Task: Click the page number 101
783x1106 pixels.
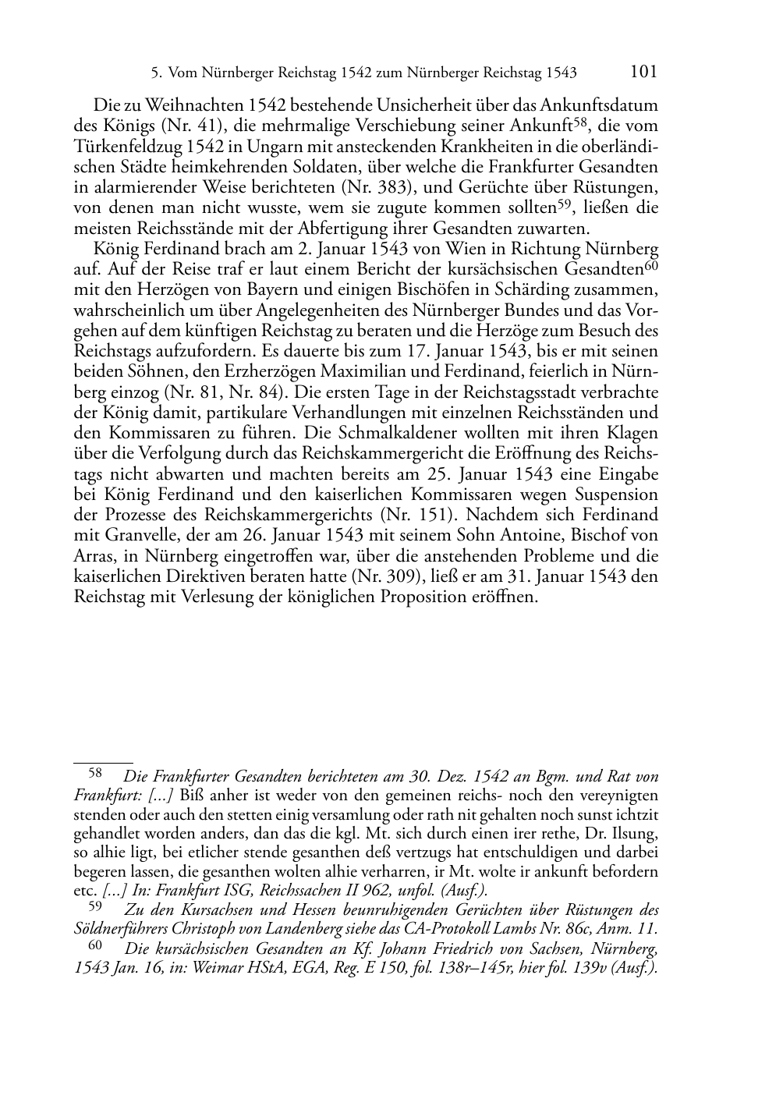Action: pyautogui.click(x=643, y=72)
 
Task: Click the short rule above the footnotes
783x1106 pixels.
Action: pyautogui.click(x=103, y=762)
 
